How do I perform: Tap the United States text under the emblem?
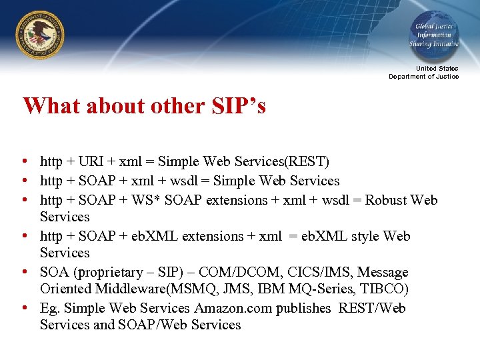coord(437,69)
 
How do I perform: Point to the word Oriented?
coord(65,289)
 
